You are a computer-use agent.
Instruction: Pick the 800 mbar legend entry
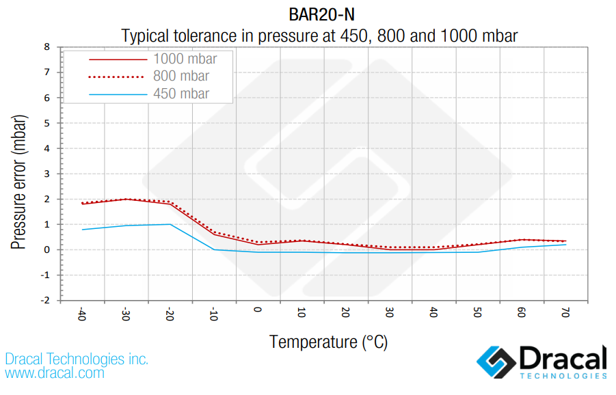181,76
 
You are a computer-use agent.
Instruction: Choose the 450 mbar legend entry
181,94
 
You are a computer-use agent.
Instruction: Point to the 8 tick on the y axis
47,47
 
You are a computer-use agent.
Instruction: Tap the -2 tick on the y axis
46,300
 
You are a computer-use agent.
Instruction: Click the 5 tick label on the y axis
47,123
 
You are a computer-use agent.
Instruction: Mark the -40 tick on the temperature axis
82,315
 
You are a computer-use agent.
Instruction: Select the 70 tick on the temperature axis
565,314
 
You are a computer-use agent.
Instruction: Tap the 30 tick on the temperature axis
390,314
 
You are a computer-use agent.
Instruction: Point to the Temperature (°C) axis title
328,342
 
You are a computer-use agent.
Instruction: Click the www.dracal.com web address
55,373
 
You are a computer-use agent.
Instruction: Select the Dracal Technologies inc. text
77,359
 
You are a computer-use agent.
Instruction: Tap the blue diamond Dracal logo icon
495,362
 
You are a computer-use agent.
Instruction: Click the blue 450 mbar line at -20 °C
170,224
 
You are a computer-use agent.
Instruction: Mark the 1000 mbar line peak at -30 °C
126,199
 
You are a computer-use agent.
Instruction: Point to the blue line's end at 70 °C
565,245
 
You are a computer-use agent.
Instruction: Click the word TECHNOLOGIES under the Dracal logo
563,376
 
